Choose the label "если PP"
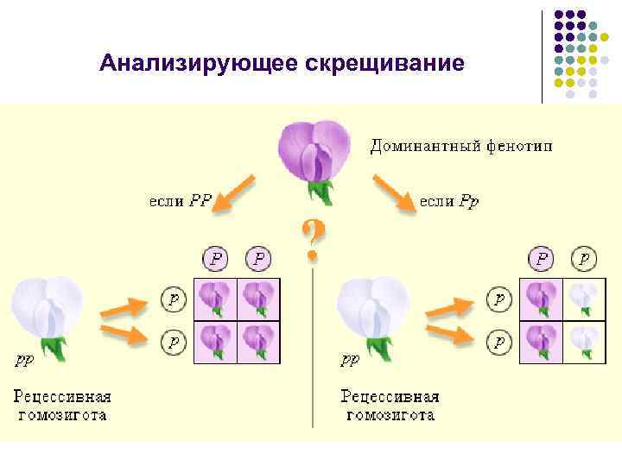tap(180, 200)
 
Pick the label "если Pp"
tap(448, 200)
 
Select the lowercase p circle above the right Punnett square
tap(585, 258)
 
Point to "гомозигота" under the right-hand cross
tap(390, 415)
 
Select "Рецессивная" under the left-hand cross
tap(62, 397)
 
